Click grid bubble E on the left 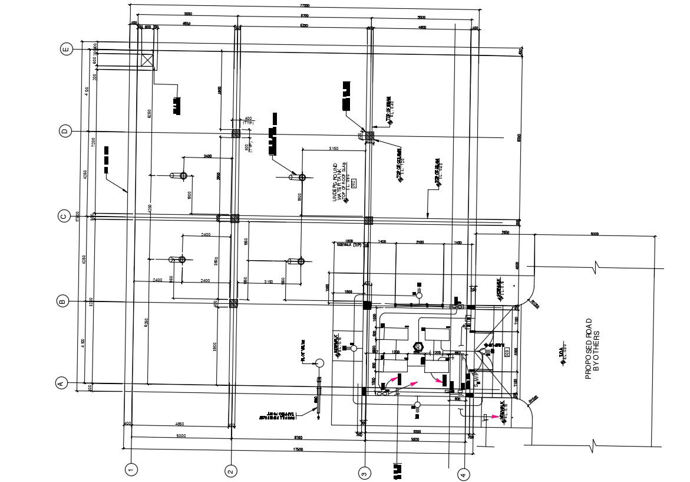67,50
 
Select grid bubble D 66,131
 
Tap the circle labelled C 65,216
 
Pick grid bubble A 60,383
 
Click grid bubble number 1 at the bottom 132,470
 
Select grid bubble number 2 231,471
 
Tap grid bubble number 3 365,473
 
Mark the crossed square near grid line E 147,60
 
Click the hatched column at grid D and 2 235,134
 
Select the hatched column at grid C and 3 369,220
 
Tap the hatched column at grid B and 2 234,303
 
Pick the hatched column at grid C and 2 235,218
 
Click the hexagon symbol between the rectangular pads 420,346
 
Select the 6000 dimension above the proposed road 595,234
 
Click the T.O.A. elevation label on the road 563,353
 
